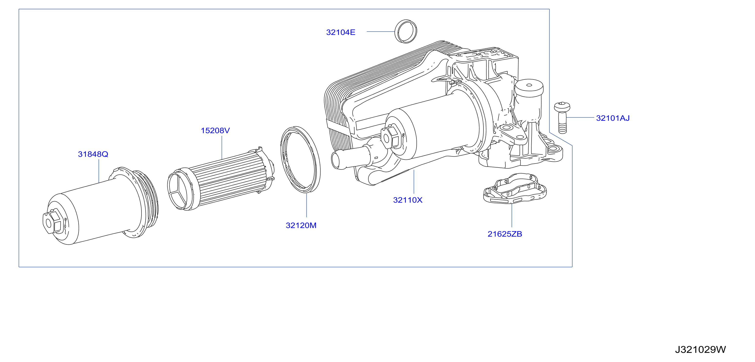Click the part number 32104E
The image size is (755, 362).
click(341, 32)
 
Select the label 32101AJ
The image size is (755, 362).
click(613, 118)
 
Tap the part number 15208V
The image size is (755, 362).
click(215, 131)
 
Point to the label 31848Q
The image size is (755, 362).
click(93, 154)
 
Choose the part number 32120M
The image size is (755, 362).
click(301, 225)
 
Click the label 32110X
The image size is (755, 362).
click(408, 200)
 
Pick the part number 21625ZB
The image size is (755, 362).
click(505, 234)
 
